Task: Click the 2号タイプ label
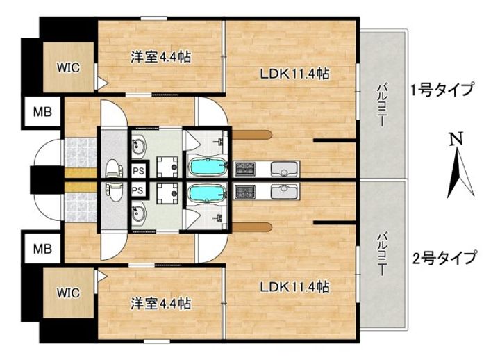coord(442,259)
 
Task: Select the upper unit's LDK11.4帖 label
coord(294,74)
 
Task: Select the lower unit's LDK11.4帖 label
coord(294,287)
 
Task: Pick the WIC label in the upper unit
coord(68,67)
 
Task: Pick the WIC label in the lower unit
coord(68,292)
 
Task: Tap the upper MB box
coord(42,112)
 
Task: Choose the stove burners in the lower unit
coord(247,191)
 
